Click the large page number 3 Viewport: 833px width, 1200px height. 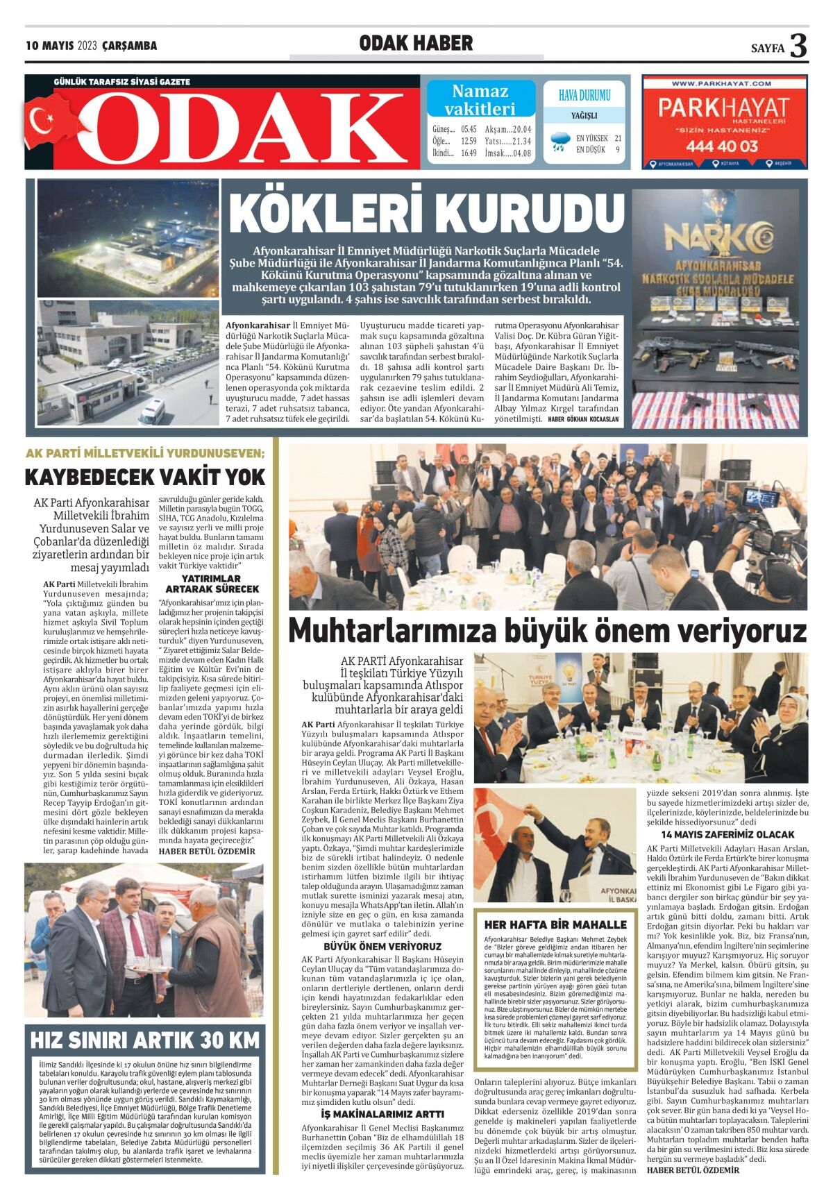click(799, 46)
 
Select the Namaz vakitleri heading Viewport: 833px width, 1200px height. click(480, 99)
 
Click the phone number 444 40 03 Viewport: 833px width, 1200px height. click(723, 146)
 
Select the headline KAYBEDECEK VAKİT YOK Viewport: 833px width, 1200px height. click(145, 478)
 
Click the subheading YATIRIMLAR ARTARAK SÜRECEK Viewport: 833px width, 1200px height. click(211, 583)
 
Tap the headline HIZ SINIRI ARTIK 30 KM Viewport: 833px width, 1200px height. click(145, 1040)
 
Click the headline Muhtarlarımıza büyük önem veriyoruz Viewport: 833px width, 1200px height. click(547, 631)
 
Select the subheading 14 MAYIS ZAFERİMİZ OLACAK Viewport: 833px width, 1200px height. click(727, 834)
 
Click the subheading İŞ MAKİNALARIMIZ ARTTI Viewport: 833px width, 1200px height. click(382, 1114)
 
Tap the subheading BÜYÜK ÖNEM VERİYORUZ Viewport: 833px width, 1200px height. click(382, 946)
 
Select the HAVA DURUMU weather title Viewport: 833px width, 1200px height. click(584, 95)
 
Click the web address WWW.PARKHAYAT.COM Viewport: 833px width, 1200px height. click(721, 83)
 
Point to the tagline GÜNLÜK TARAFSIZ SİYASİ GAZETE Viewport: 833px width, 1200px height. click(122, 82)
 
